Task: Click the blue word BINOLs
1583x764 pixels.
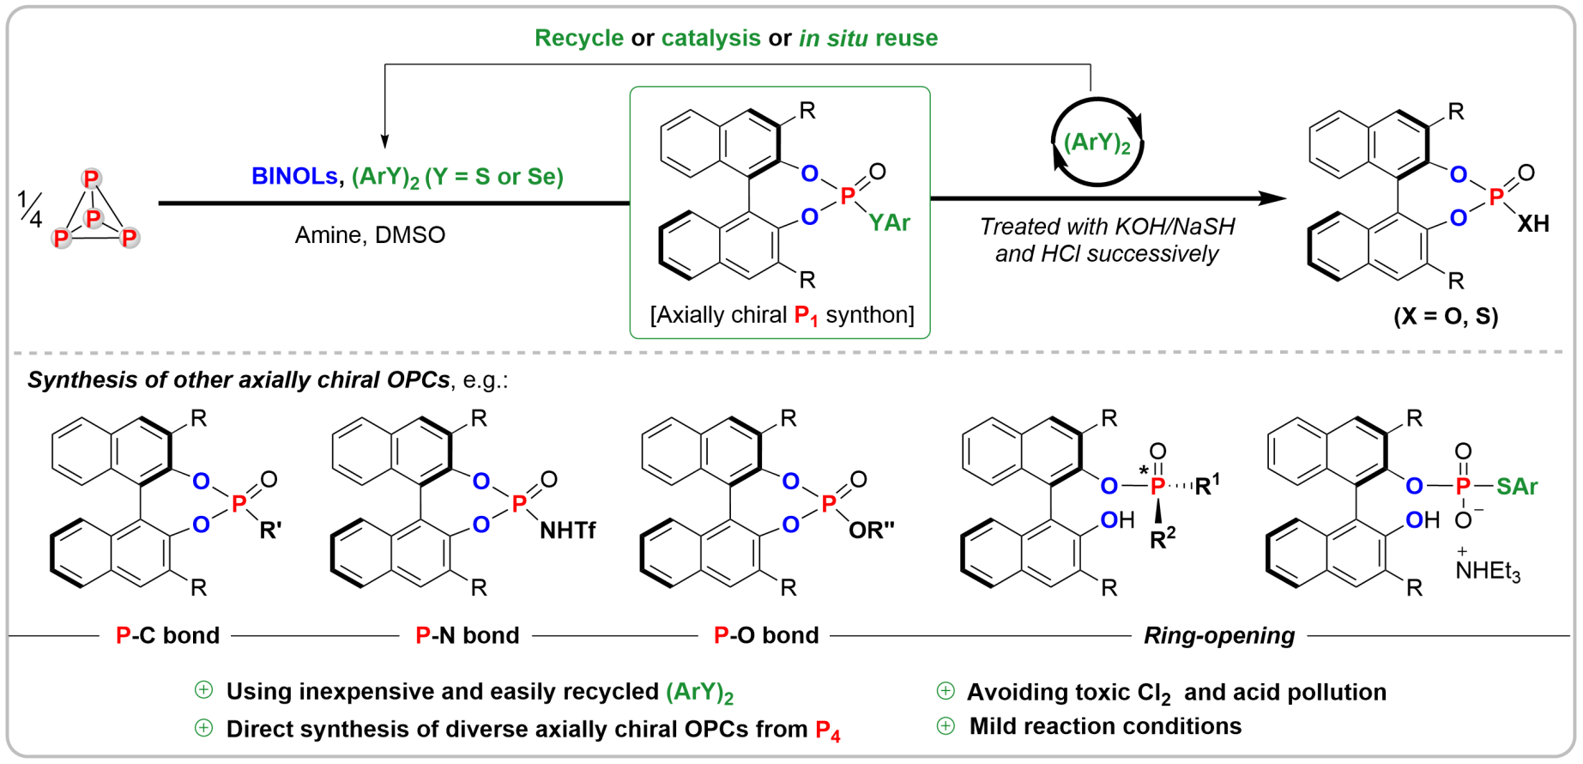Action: pos(293,177)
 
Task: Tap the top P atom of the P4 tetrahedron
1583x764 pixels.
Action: pos(91,179)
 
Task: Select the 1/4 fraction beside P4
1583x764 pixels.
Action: pos(29,209)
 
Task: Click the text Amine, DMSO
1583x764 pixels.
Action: pos(370,235)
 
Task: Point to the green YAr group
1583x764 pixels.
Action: pos(889,223)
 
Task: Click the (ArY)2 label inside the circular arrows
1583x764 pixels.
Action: pos(1097,143)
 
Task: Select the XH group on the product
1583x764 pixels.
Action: pos(1533,224)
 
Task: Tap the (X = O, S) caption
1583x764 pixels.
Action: pos(1446,317)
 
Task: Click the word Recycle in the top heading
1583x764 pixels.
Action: pos(579,39)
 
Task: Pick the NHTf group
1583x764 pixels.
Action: pos(567,531)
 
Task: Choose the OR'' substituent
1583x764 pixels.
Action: pos(871,531)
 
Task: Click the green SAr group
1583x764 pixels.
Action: pos(1517,487)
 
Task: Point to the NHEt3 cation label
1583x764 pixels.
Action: pos(1488,570)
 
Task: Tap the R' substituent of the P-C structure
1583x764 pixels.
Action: pos(270,531)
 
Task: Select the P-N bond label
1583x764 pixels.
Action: pos(468,635)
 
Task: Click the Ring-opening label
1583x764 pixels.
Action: pos(1218,635)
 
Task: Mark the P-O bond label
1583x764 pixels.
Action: pos(766,635)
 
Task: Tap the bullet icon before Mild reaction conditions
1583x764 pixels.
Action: pos(946,726)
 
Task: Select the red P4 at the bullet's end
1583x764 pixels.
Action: pos(827,731)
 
